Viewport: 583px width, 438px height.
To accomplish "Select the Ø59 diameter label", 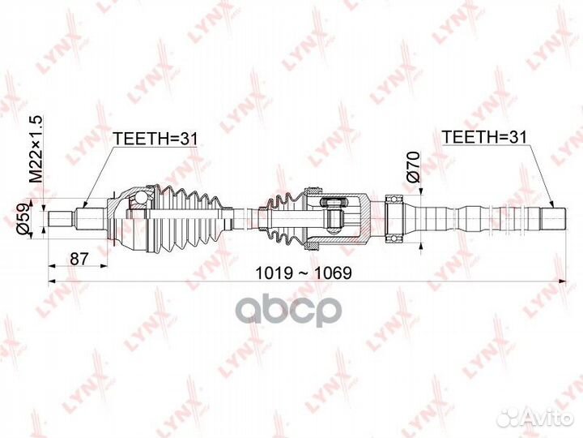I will click(23, 220).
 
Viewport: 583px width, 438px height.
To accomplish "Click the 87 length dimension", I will click(79, 259).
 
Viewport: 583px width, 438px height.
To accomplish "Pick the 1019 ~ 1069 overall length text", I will click(304, 273).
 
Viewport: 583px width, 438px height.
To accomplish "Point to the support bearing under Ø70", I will click(394, 218).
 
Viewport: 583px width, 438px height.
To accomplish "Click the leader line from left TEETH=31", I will click(96, 170).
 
